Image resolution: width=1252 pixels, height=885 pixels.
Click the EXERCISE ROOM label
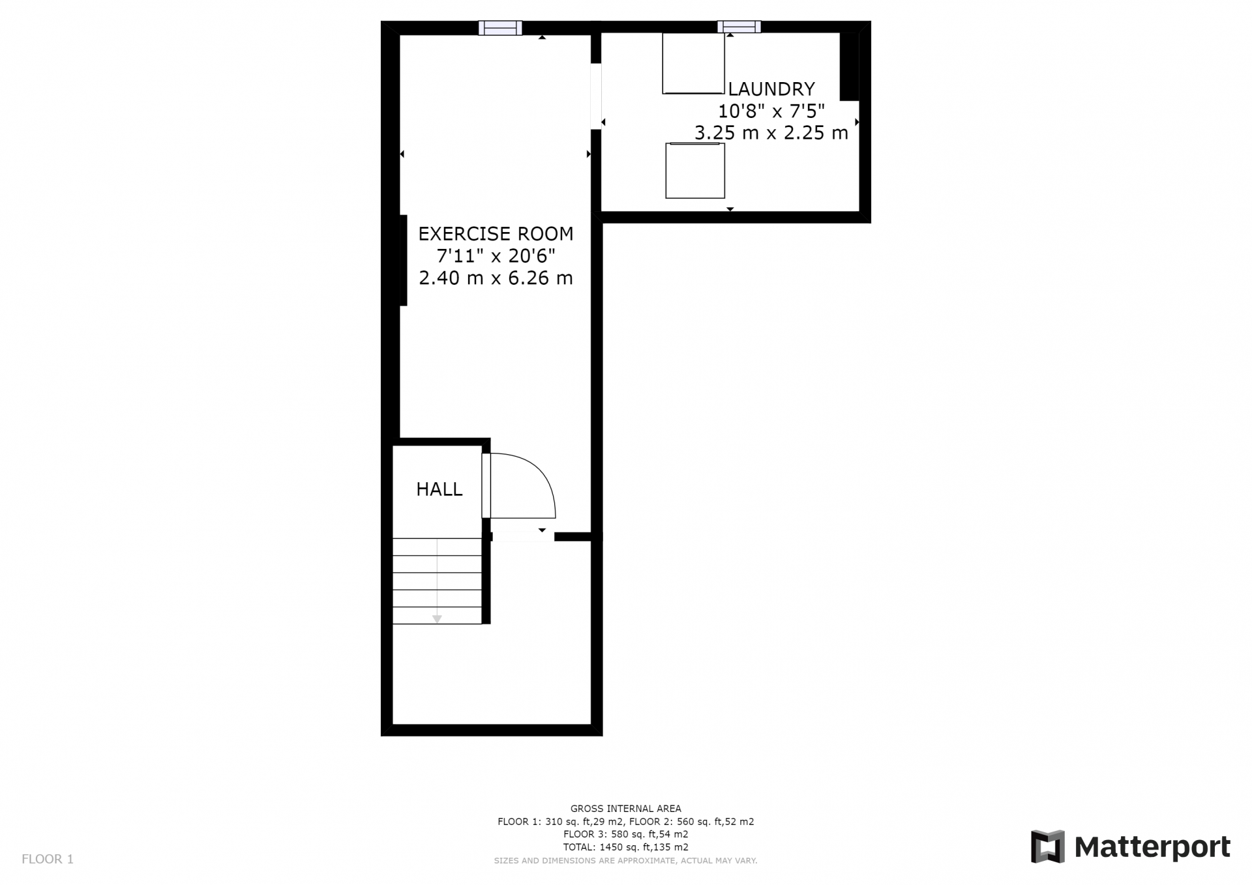[496, 233]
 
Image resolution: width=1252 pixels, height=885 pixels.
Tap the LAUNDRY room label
[771, 89]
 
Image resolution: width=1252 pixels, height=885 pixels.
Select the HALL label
[440, 489]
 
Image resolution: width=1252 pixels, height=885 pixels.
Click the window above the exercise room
[500, 27]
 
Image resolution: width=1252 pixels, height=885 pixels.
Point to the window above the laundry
[739, 27]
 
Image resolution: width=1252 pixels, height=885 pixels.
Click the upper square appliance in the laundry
[693, 63]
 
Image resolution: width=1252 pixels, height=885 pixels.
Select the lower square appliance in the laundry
[695, 170]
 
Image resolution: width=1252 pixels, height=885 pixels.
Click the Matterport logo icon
[1047, 847]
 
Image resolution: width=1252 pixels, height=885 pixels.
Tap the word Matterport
[1152, 847]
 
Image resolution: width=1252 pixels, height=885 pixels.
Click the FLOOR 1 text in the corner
[48, 859]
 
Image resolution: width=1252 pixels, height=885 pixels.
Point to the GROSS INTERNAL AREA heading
[625, 809]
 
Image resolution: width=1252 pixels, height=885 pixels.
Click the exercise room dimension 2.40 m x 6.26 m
[496, 278]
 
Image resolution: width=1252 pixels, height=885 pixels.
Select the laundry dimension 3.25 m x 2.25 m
[771, 133]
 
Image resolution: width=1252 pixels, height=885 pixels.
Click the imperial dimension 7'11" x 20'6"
[496, 255]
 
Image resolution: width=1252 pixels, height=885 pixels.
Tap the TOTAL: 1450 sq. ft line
[625, 847]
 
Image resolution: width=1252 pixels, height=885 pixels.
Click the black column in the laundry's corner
[849, 66]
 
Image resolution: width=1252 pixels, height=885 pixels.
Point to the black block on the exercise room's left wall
[403, 260]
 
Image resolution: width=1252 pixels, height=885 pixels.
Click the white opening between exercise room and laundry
[595, 96]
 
